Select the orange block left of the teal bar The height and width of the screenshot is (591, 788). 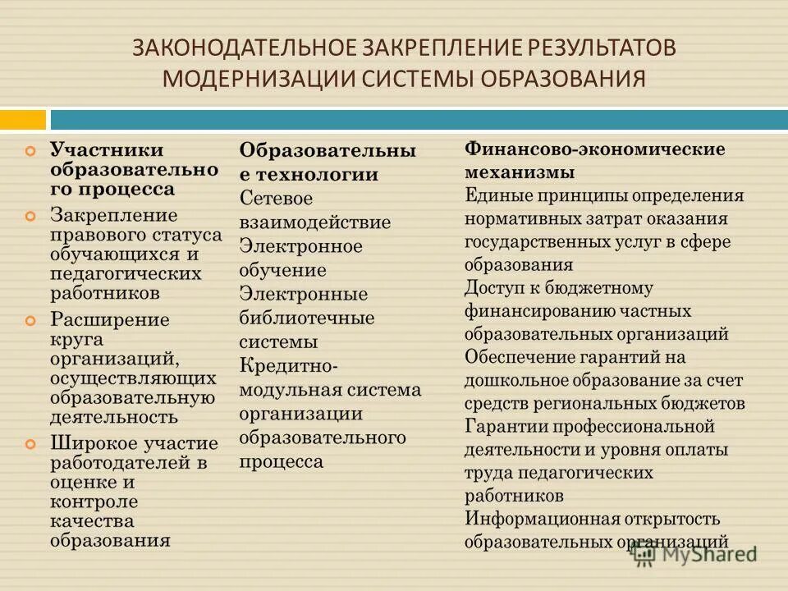pos(22,120)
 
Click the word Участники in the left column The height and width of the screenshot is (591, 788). pos(107,150)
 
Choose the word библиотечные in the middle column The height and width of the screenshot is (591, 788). pos(306,318)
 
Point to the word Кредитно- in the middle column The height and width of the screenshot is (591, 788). pos(288,366)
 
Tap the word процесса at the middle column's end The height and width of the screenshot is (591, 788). pos(281,462)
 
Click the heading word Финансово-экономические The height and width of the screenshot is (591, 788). pos(595,149)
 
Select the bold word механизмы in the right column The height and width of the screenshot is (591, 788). pos(520,173)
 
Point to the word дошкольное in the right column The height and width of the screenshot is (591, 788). pos(511,380)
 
